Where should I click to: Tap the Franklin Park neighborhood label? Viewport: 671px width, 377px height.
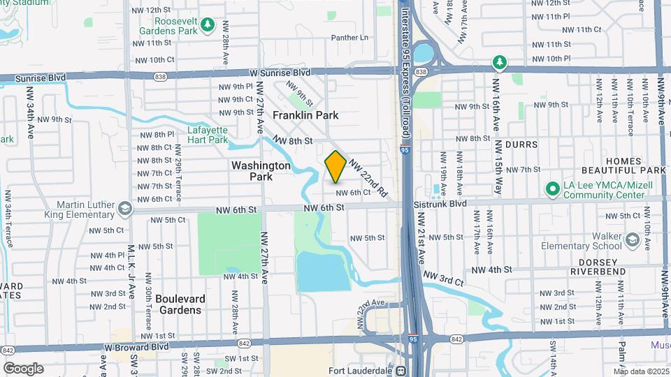point(305,114)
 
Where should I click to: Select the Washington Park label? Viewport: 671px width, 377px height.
point(261,171)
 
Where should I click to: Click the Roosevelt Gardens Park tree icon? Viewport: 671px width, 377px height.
point(207,26)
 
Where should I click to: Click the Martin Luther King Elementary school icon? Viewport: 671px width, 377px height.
point(124,208)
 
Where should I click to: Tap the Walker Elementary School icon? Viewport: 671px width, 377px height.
point(632,240)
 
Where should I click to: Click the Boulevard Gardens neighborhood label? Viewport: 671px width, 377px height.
point(180,304)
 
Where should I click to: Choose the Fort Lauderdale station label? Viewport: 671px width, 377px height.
point(361,371)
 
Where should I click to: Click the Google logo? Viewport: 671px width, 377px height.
point(23,368)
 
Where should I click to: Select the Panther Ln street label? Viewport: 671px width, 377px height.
point(349,38)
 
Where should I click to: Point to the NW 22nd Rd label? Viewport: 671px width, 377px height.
point(368,177)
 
